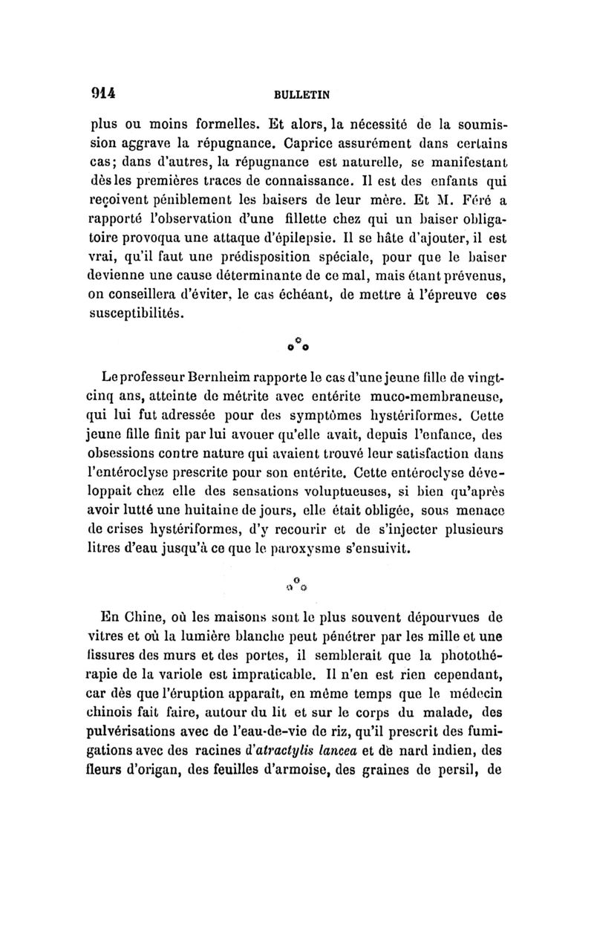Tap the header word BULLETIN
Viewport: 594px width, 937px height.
pos(302,95)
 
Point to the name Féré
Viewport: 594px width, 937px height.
pos(461,199)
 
